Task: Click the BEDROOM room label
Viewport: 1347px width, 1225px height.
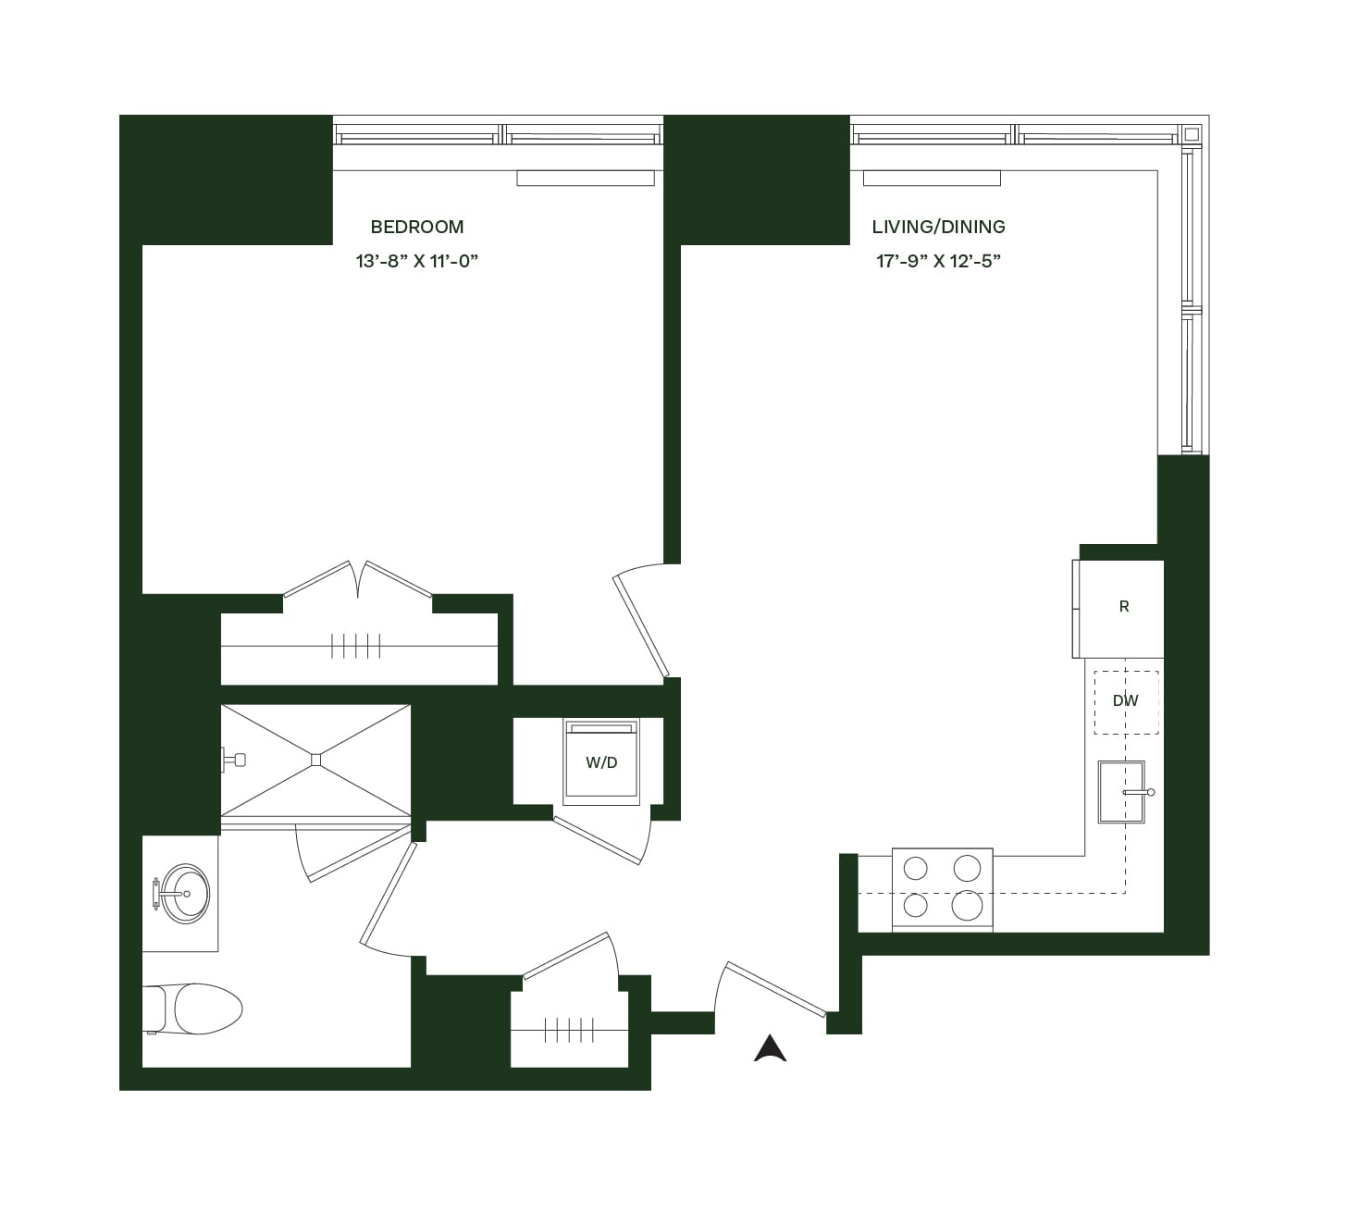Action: [417, 227]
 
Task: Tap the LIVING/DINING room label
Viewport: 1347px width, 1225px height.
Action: [938, 227]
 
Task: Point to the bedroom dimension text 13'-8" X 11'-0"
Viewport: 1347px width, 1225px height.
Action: [416, 261]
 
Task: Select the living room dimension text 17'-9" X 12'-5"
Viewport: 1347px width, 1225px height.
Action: [938, 261]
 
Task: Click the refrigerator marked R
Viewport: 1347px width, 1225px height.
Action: [1118, 609]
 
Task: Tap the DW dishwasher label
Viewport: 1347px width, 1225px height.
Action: [1125, 700]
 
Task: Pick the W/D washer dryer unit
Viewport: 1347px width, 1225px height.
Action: [601, 761]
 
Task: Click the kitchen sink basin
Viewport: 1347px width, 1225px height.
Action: [1120, 792]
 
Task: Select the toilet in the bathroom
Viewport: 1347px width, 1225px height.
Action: [193, 1008]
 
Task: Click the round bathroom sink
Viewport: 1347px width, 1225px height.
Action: [186, 893]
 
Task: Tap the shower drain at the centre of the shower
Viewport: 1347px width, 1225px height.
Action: [315, 760]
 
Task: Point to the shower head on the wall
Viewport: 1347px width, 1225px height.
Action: [234, 761]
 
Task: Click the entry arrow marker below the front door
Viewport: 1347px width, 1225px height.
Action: [770, 1048]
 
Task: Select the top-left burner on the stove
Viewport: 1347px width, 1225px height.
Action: [915, 869]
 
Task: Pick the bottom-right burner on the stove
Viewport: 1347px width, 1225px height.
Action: [967, 905]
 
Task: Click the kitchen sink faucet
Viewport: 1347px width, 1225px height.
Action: [1138, 793]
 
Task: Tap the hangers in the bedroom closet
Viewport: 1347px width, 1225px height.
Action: [356, 646]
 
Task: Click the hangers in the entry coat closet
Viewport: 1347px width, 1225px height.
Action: [569, 1030]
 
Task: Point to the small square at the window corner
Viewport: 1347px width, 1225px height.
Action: [1192, 134]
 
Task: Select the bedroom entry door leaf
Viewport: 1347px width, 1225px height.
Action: [641, 626]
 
